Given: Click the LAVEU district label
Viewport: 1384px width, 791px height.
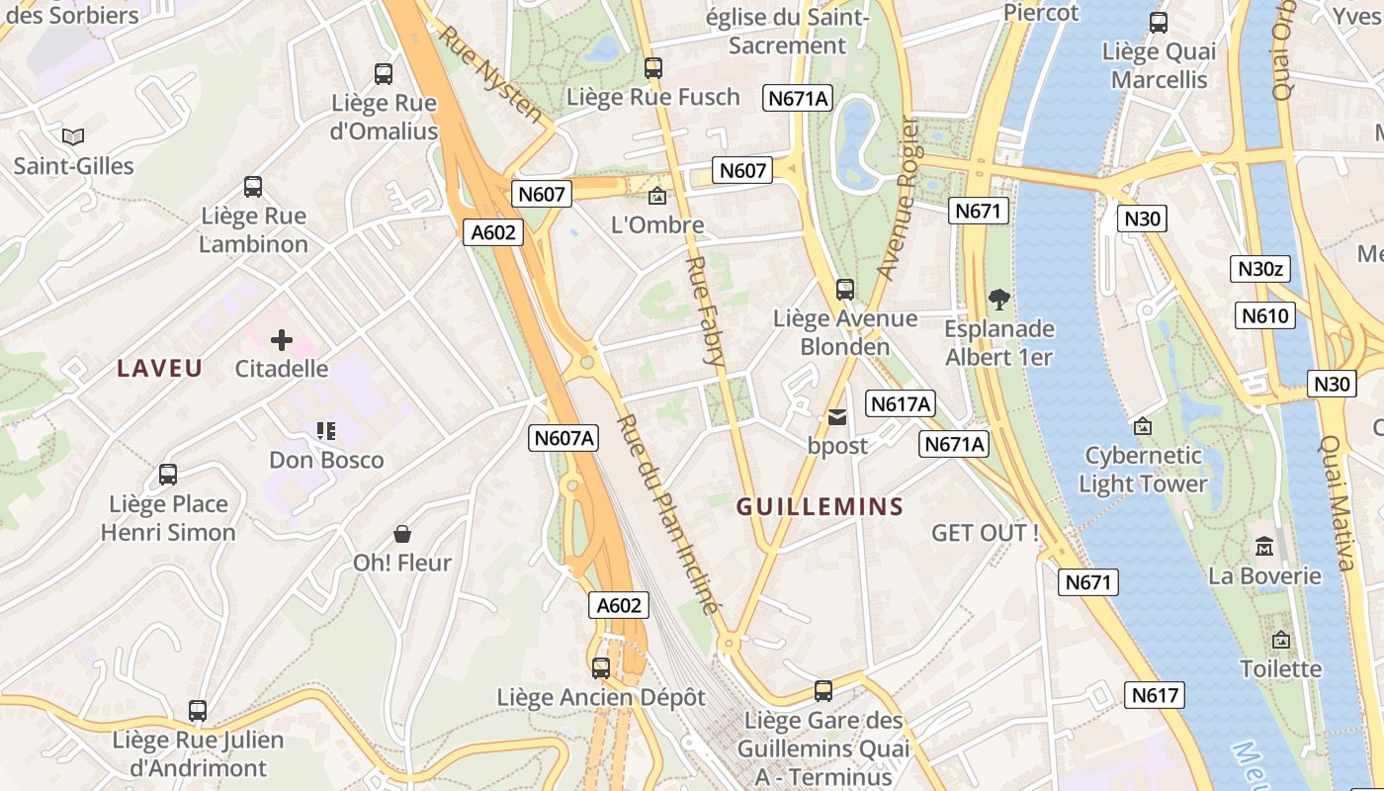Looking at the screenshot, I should pos(160,369).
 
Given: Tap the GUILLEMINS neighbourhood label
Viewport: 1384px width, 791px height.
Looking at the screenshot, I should pos(821,507).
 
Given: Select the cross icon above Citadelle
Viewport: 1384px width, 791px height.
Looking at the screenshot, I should pos(282,341).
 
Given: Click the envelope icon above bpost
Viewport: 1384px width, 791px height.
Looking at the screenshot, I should pos(837,417).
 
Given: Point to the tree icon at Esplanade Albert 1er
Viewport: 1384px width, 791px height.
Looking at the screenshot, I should pos(999,299).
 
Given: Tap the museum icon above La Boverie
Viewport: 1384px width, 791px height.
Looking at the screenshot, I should pos(1264,546).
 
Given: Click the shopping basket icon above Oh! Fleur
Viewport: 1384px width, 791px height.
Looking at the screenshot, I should pos(402,535).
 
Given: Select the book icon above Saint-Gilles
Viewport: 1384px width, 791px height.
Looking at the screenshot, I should pos(73,136).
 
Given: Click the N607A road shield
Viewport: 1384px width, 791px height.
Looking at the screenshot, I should pos(563,438).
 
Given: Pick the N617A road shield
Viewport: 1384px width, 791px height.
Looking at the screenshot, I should pos(901,403).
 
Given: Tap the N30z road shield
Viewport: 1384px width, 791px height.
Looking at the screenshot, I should pos(1260,268).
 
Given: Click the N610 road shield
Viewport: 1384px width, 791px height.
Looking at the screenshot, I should pos(1264,316).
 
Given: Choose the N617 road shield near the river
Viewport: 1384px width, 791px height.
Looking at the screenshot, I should pos(1154,695).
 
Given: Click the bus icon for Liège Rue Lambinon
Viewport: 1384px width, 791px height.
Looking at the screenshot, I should pos(253,187).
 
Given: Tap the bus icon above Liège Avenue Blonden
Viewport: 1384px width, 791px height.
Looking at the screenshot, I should pos(845,290).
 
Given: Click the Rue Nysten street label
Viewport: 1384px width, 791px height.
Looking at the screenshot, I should pos(491,74).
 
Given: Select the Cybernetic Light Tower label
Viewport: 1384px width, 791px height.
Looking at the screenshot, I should pos(1143,470).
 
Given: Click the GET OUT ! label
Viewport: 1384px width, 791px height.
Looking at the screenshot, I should pos(985,533).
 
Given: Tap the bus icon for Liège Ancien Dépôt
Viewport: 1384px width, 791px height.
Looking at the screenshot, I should pos(601,668).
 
